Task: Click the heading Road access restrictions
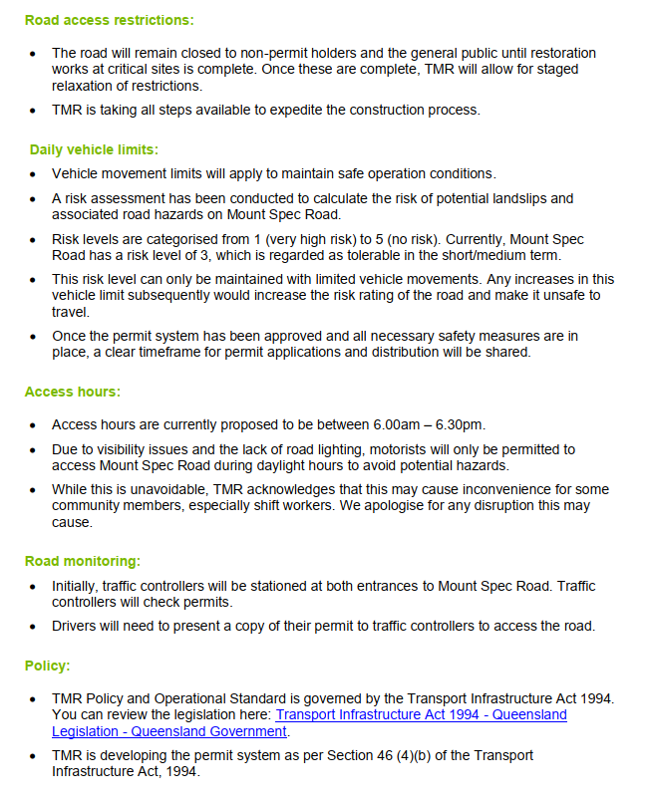point(110,20)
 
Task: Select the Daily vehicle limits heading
point(94,150)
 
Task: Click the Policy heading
point(47,666)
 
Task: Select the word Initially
point(77,587)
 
